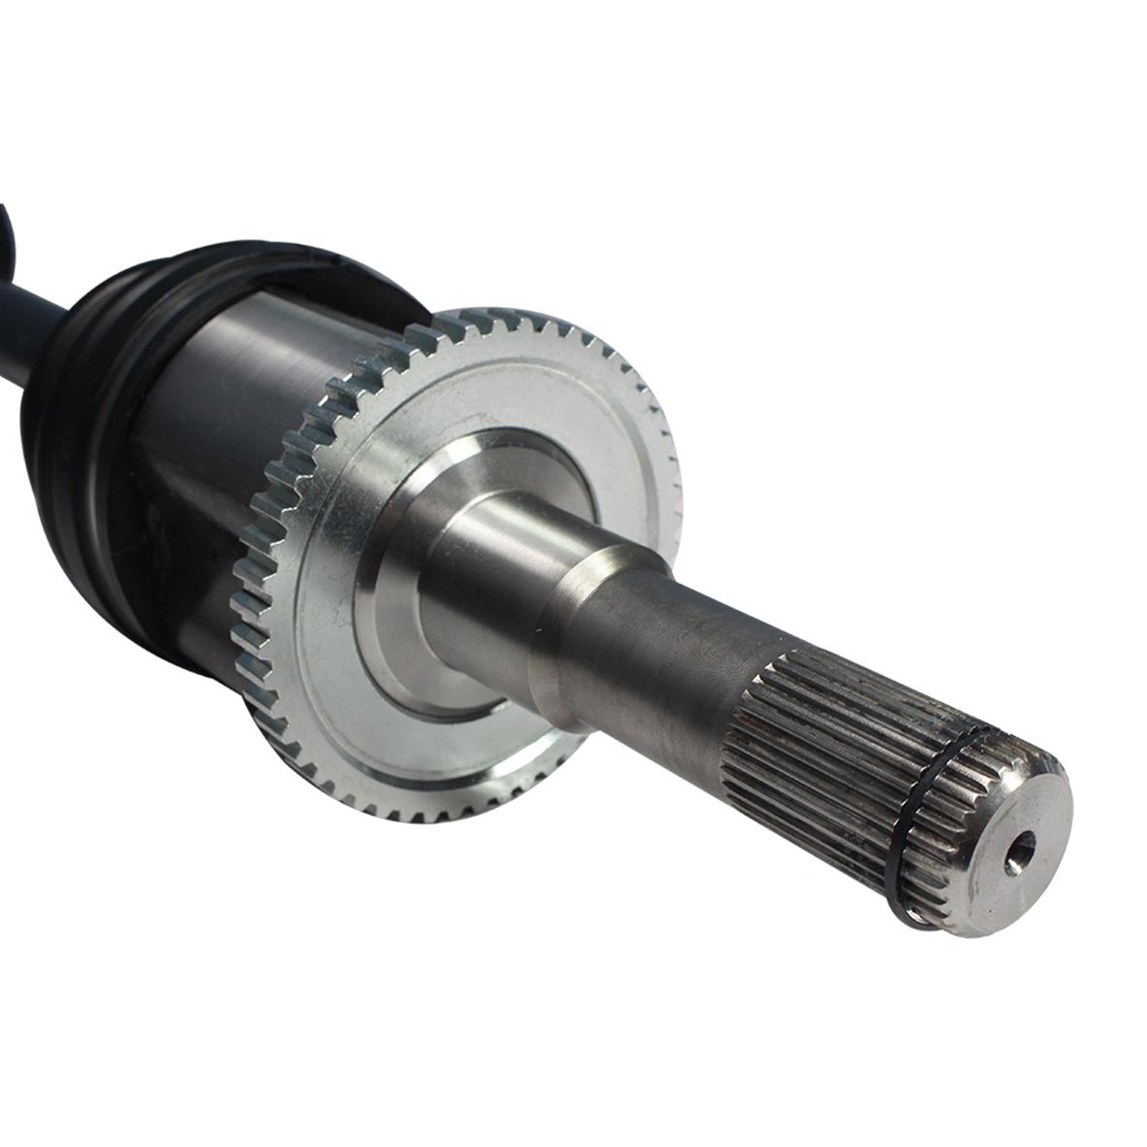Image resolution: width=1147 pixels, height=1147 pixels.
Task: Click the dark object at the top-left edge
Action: click(x=8, y=223)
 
